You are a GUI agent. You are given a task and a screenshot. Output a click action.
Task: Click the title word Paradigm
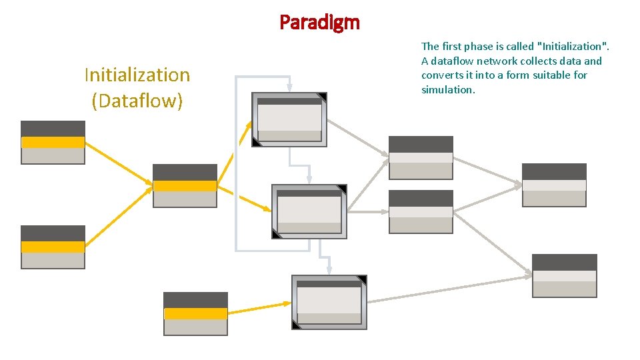[319, 23]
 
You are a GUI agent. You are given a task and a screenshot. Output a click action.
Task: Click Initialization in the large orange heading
[137, 75]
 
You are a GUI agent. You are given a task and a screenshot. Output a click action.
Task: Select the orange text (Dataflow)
[137, 101]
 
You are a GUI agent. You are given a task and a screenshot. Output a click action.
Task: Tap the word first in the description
[453, 47]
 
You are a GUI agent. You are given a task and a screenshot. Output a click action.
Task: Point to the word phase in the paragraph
[483, 47]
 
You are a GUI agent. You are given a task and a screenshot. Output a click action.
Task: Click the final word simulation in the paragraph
[447, 90]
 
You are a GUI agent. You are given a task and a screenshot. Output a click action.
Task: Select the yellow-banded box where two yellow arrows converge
[185, 185]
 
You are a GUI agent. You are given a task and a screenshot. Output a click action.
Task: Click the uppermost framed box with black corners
[289, 119]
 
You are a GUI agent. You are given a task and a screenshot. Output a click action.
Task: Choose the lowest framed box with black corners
[329, 302]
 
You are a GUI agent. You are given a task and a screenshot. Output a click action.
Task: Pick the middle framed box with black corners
[309, 211]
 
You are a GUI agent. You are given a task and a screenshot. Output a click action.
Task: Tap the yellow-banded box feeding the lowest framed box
[195, 313]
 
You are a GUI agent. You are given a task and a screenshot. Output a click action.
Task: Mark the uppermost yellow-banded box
[53, 142]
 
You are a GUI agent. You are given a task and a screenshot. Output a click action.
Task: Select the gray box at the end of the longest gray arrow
[564, 275]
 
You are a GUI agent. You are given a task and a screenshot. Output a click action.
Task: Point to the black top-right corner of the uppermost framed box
[323, 97]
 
